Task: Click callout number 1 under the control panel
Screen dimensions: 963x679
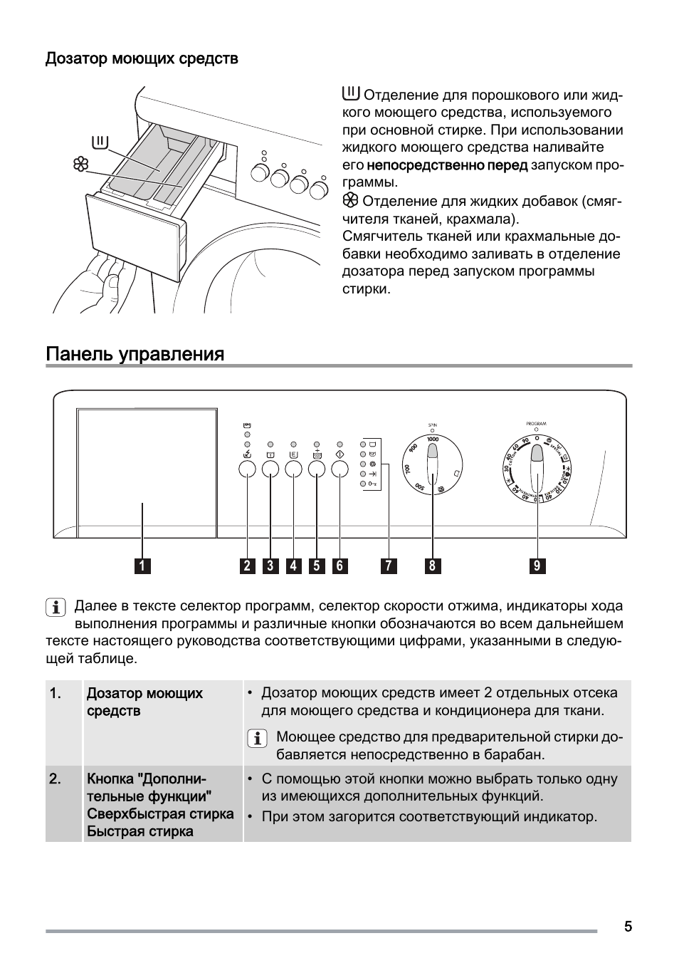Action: (x=142, y=566)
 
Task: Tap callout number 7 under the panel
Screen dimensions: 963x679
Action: (x=388, y=566)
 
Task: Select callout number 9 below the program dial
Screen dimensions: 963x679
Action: (x=537, y=566)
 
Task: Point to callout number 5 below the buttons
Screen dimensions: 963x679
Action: (x=317, y=566)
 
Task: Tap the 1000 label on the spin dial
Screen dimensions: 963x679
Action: (x=433, y=439)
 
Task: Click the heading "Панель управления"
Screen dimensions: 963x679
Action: (x=135, y=354)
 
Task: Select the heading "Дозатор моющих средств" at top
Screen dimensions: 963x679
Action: (x=142, y=58)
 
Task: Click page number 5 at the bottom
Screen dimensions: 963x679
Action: (x=628, y=926)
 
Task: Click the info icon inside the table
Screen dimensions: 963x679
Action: (x=257, y=738)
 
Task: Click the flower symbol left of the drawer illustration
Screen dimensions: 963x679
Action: (x=80, y=165)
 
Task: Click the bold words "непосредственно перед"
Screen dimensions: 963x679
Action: (x=447, y=165)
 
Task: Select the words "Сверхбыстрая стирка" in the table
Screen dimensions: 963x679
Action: (x=160, y=813)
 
